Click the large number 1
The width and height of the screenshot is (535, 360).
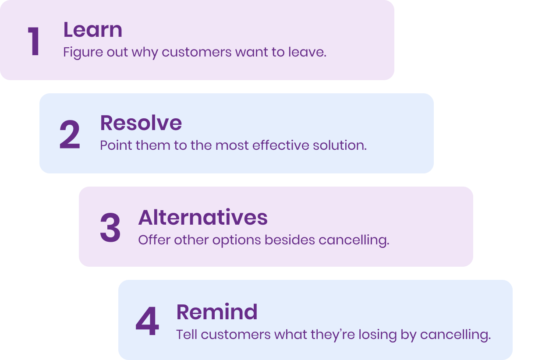tap(34, 41)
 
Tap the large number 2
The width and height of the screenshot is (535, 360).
tap(70, 134)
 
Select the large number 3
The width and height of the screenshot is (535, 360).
tap(110, 228)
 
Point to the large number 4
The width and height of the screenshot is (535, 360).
tap(147, 321)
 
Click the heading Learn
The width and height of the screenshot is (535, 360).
tap(92, 30)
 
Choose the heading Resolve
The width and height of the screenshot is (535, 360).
tap(141, 123)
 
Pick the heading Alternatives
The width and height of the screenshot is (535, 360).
tap(203, 217)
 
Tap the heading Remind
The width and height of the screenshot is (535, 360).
tap(217, 311)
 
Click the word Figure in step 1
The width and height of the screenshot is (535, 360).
tap(83, 53)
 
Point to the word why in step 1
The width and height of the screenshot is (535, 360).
tap(145, 53)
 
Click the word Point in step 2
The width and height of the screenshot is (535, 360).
tap(116, 145)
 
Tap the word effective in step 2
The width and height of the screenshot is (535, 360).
tap(280, 145)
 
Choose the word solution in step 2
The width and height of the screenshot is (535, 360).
tap(340, 145)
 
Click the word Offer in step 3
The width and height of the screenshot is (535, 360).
tap(154, 240)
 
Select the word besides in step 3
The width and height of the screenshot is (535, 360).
tap(290, 240)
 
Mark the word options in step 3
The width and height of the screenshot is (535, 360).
tap(237, 240)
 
